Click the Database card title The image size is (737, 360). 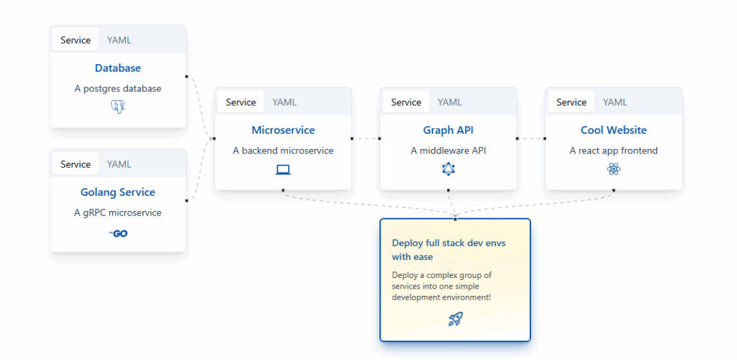(x=117, y=68)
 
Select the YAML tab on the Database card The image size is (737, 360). (x=119, y=40)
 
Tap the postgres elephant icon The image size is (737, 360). (x=118, y=107)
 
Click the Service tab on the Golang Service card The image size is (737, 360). (x=75, y=164)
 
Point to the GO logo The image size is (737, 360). (x=118, y=233)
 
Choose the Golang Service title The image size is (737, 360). (x=117, y=192)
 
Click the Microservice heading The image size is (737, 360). (x=283, y=130)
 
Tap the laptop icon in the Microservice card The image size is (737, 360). (x=283, y=170)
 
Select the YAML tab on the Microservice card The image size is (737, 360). (x=284, y=102)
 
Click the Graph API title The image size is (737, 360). (x=448, y=130)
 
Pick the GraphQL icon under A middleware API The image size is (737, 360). (x=448, y=169)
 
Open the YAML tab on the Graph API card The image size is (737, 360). (x=450, y=102)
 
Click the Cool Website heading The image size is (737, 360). (x=614, y=130)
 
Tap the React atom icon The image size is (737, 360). (x=614, y=169)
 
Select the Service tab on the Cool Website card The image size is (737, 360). (x=571, y=102)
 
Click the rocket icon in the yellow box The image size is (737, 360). (x=456, y=319)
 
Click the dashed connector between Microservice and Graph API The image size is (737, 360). (x=366, y=139)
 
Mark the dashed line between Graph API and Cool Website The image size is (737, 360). (x=531, y=139)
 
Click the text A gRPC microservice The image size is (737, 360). (x=118, y=213)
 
